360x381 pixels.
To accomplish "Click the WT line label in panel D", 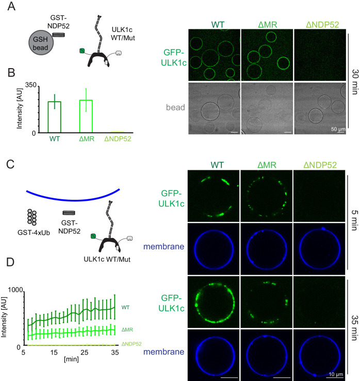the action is pos(125,307).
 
